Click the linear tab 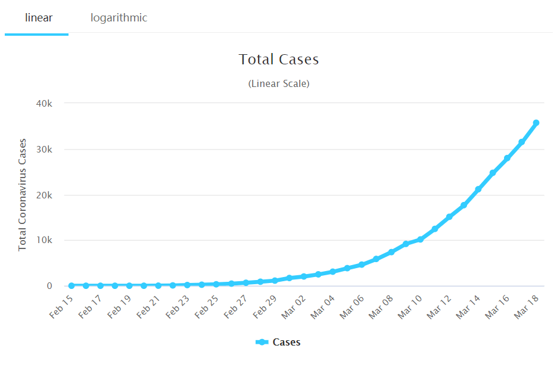click(39, 18)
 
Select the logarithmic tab click(119, 18)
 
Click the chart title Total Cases click(279, 60)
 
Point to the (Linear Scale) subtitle click(279, 83)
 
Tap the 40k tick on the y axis click(44, 103)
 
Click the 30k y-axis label click(44, 149)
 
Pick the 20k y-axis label click(44, 195)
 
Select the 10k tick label click(44, 240)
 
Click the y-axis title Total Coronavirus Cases click(23, 195)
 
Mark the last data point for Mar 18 click(536, 123)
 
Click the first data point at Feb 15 click(71, 285)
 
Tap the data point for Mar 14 click(478, 189)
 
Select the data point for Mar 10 click(420, 240)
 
